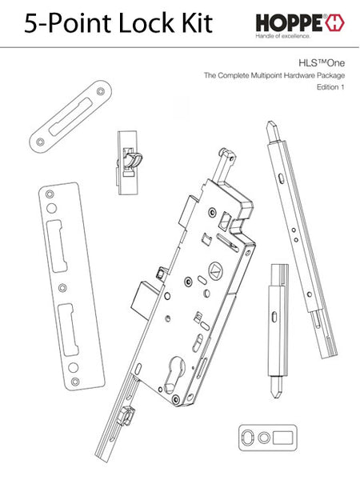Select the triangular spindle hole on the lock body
pyautogui.click(x=214, y=270)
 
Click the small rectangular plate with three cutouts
pyautogui.click(x=268, y=438)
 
